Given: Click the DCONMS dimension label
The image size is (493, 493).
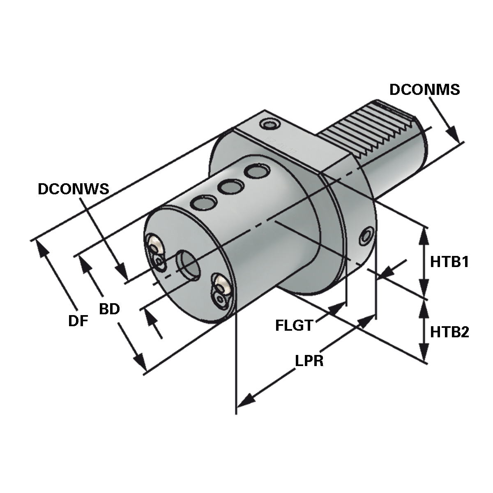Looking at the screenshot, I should [x=424, y=90].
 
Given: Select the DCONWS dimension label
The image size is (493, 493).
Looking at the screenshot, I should [x=73, y=189].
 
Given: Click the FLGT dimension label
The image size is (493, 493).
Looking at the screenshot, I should [x=293, y=326].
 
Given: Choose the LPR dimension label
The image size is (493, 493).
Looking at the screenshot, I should [x=309, y=361].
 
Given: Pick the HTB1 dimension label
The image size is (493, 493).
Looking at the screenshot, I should [x=449, y=262].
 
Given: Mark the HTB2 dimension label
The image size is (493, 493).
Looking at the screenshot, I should [x=449, y=332].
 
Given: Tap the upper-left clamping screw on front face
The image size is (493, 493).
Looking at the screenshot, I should [x=155, y=246].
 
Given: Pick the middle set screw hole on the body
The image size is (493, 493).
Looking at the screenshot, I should [x=230, y=187].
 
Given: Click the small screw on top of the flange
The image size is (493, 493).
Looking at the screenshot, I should [x=269, y=124].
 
